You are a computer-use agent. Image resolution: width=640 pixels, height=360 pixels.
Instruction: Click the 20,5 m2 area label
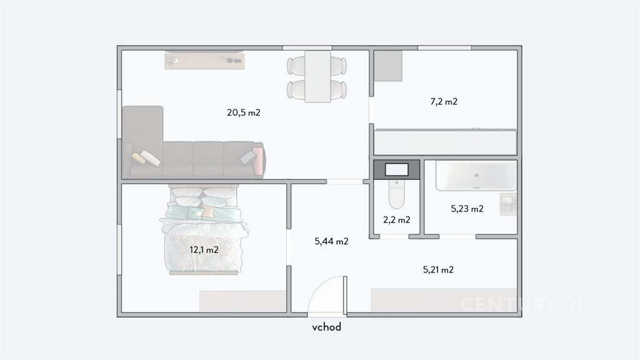pos(244,112)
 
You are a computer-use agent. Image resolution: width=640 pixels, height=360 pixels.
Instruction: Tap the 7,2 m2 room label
pos(444,102)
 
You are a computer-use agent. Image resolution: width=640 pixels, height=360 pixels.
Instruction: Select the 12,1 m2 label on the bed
pos(204,250)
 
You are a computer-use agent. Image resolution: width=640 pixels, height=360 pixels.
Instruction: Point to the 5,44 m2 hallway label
pos(331,242)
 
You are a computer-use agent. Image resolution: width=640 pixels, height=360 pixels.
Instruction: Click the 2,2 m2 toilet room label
pos(397,220)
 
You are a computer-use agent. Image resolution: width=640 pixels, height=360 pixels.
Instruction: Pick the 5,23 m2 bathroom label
pos(467,209)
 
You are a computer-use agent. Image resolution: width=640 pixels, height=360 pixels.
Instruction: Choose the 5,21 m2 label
pos(438,270)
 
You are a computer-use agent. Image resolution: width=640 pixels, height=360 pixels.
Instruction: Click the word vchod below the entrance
pos(326,327)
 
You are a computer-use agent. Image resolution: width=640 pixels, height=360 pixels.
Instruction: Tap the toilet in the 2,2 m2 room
pos(396,194)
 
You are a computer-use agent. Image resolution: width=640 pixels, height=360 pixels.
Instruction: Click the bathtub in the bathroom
pos(476,176)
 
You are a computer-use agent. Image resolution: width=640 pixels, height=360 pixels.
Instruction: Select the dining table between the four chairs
pos(317,76)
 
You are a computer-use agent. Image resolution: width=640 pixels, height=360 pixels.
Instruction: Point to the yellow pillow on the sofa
pos(138,158)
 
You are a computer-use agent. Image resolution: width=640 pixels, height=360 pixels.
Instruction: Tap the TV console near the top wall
pos(204,61)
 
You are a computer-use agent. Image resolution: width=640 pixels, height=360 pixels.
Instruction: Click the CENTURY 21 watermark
pos(522,304)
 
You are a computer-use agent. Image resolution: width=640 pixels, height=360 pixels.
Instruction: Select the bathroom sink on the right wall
pos(508,204)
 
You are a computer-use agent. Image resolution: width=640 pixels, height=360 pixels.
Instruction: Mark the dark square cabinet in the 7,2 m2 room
pos(388,66)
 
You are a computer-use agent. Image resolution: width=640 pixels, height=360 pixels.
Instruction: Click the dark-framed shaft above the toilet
pos(397,170)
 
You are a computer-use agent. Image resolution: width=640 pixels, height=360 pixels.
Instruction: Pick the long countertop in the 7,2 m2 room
pos(445,142)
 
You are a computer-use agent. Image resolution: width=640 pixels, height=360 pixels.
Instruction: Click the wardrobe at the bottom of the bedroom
pos(242,301)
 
